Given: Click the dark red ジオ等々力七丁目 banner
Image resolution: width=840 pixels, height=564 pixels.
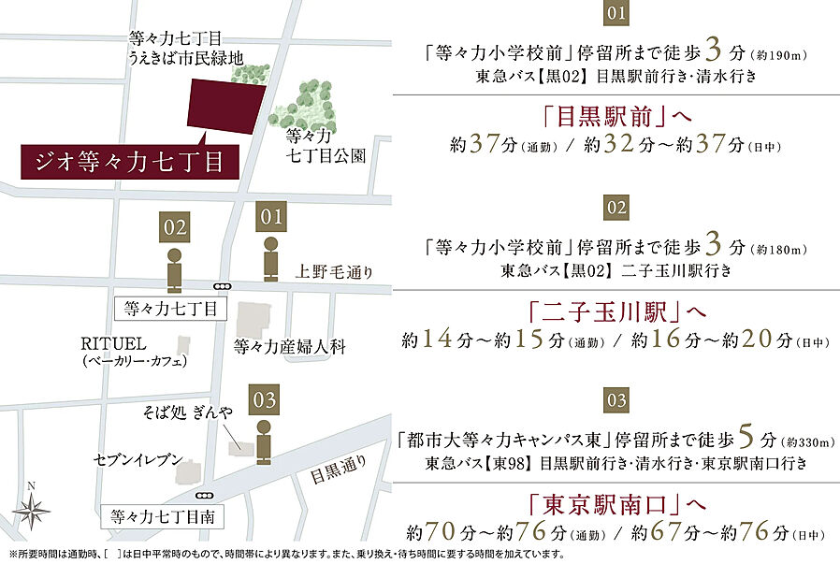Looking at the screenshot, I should [128, 162].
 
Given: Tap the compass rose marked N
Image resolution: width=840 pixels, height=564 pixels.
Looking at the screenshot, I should [33, 510].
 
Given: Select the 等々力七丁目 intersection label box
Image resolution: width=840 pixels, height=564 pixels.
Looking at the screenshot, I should [169, 308].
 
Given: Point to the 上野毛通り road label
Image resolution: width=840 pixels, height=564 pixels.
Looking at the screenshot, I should [333, 273].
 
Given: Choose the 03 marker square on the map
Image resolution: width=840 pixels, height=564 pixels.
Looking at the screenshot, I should [265, 400].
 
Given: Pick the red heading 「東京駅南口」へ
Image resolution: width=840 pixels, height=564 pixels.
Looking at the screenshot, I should [615, 505].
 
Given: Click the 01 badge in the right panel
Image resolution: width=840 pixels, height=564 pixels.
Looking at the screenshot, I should [615, 13].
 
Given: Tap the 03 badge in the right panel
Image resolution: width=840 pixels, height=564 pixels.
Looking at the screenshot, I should [615, 400].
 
